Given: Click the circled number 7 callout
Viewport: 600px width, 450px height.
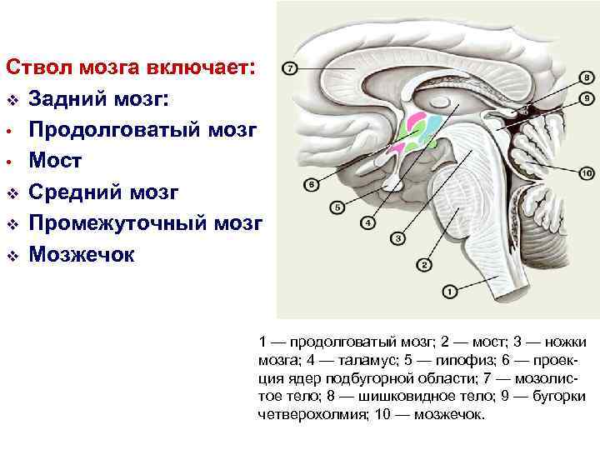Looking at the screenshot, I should tap(289, 68).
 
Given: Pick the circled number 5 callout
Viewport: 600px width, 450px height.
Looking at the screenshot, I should tap(337, 206).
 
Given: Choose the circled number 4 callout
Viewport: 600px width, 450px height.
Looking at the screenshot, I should tap(366, 223).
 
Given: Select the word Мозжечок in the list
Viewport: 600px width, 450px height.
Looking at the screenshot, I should tap(81, 254).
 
